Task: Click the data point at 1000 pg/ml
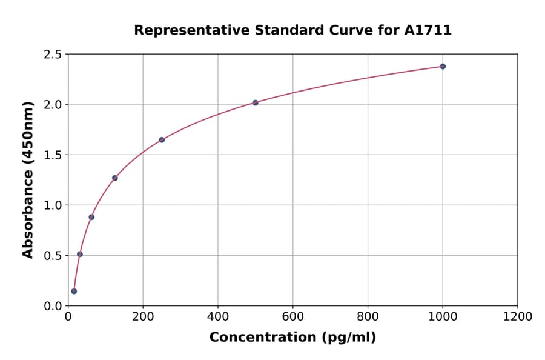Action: pyautogui.click(x=443, y=66)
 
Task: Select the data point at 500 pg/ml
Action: pyautogui.click(x=256, y=102)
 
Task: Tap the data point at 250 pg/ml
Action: pyautogui.click(x=162, y=139)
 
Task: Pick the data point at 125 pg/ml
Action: pyautogui.click(x=115, y=178)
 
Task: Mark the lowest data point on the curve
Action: pyautogui.click(x=74, y=291)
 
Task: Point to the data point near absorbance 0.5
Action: pyautogui.click(x=80, y=254)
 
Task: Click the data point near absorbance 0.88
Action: pyautogui.click(x=91, y=216)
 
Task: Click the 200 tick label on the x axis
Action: pyautogui.click(x=143, y=316)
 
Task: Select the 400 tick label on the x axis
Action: pyautogui.click(x=218, y=316)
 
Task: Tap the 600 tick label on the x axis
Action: pyautogui.click(x=293, y=316)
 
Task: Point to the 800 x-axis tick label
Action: pyautogui.click(x=368, y=316)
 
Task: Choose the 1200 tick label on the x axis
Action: pyautogui.click(x=518, y=316)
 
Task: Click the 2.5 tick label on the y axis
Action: pyautogui.click(x=53, y=55)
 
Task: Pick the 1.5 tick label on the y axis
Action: pyautogui.click(x=53, y=155)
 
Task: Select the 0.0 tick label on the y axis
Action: pyautogui.click(x=53, y=306)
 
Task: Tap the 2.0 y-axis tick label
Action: pyautogui.click(x=53, y=105)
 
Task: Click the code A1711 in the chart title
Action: pyautogui.click(x=428, y=30)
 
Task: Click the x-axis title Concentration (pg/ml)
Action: pyautogui.click(x=292, y=337)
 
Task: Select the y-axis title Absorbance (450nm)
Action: pyautogui.click(x=28, y=180)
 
